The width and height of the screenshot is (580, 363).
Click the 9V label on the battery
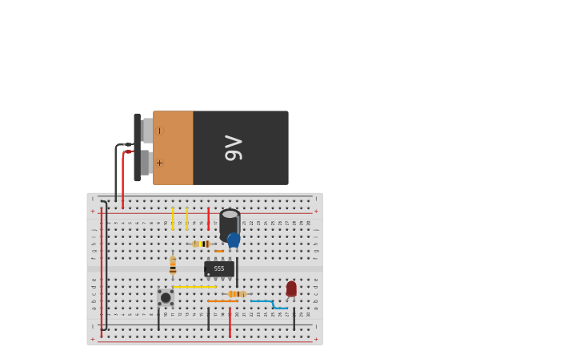click(233, 148)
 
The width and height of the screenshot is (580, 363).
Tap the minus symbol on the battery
click(159, 131)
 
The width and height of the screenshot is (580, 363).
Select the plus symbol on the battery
click(159, 163)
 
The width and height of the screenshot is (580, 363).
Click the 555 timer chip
click(218, 268)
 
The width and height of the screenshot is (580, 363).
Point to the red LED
click(291, 288)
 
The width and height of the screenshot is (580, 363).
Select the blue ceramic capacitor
click(234, 240)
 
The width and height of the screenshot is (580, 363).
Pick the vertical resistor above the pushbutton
click(173, 266)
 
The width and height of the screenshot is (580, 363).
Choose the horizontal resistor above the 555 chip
click(202, 244)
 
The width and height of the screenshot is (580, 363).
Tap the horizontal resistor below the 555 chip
click(237, 294)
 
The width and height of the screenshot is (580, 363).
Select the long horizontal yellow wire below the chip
click(195, 287)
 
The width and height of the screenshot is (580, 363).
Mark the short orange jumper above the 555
click(219, 251)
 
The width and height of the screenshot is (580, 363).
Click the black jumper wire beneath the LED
click(294, 318)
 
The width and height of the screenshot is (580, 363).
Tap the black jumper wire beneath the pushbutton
click(158, 319)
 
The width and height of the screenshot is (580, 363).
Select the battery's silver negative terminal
click(146, 131)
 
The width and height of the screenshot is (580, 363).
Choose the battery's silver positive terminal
click(146, 163)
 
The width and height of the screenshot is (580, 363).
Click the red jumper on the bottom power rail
click(230, 322)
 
